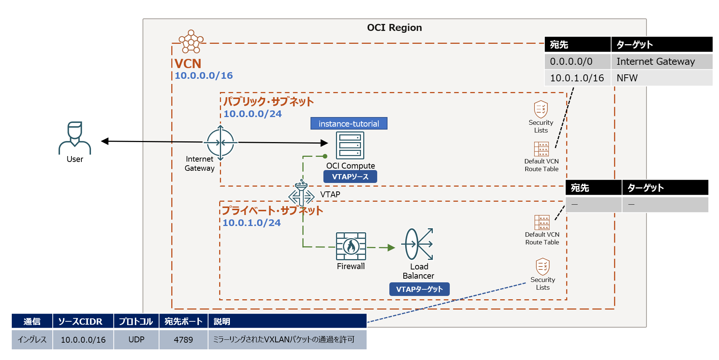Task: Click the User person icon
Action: [75, 138]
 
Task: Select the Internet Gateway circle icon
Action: [220, 142]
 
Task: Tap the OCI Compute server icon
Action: [350, 145]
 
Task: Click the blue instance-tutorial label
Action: [349, 124]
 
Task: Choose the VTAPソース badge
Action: [350, 177]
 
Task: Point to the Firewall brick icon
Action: [351, 246]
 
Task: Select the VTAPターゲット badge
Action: [419, 289]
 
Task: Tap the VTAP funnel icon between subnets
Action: [301, 193]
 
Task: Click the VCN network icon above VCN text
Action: [191, 42]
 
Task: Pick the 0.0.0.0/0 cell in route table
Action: [577, 61]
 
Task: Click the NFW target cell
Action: [662, 78]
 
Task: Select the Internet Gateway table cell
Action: [662, 61]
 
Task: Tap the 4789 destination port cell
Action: [183, 340]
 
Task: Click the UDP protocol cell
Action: [136, 340]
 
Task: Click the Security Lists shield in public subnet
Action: [541, 109]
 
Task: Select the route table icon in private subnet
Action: [542, 222]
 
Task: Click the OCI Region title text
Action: [394, 28]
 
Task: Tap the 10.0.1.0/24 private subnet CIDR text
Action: [251, 223]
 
